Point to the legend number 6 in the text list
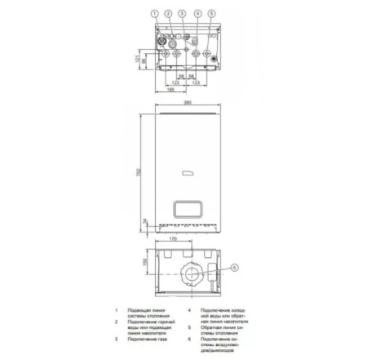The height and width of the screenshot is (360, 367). point(189,336)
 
